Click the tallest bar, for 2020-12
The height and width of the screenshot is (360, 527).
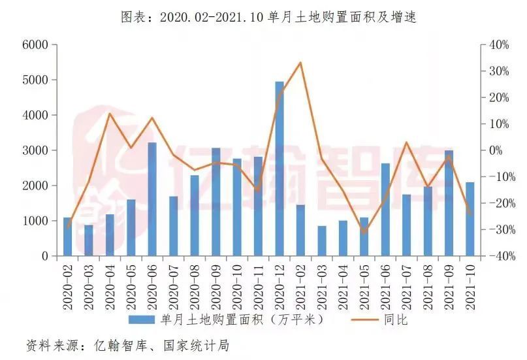point(279,169)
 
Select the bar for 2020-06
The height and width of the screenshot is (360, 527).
point(152,199)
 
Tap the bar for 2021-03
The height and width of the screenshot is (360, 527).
point(322,240)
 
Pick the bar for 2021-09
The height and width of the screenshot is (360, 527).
point(449,203)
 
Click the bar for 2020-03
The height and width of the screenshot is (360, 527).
point(89,240)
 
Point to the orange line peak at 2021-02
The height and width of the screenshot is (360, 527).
point(300,63)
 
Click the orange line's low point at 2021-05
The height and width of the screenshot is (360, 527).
point(364,233)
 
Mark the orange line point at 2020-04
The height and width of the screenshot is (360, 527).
point(110,114)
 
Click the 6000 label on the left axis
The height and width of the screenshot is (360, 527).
point(35,44)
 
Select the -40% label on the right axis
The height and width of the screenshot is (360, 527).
point(502,256)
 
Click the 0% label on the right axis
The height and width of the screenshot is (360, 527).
point(496,150)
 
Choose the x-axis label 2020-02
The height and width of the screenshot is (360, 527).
point(67,287)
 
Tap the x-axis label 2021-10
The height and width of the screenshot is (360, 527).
point(470,287)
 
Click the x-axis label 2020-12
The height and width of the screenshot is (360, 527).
point(279,287)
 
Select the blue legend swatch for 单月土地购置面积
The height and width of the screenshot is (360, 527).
point(142,319)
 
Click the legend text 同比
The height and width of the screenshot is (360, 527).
point(396,319)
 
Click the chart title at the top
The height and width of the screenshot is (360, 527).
point(268,17)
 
